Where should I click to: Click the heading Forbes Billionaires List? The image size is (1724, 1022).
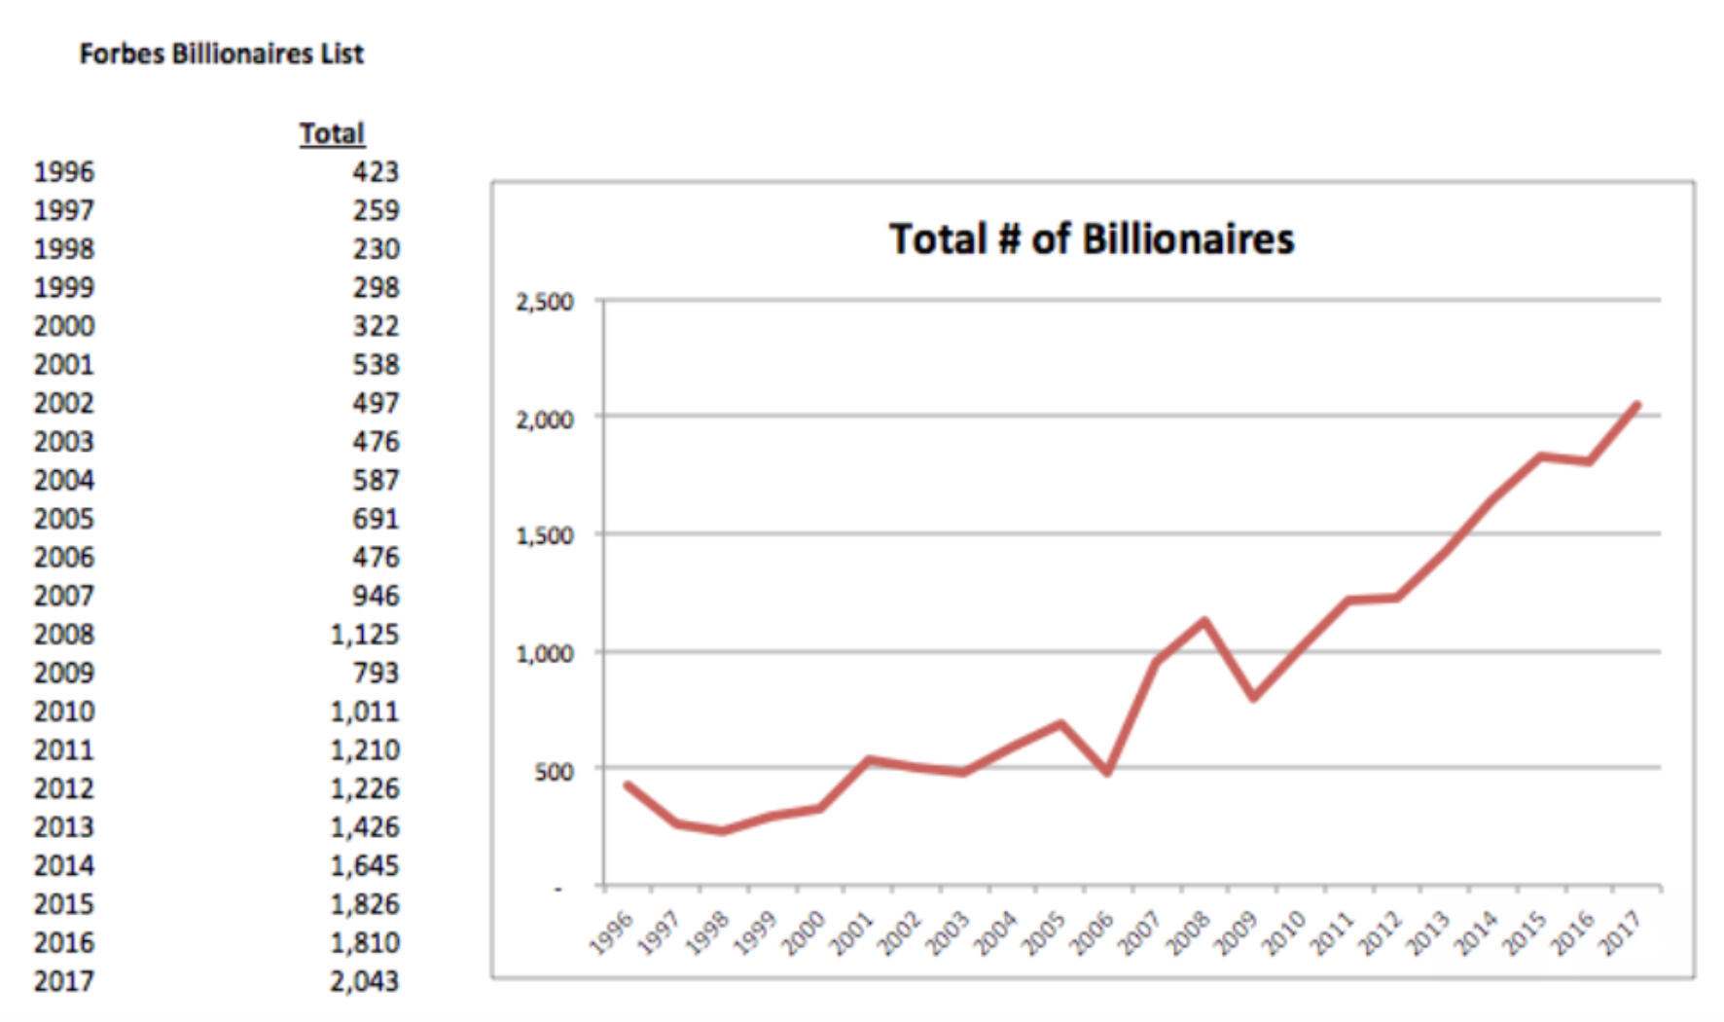click(221, 54)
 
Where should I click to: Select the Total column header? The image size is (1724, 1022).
click(332, 133)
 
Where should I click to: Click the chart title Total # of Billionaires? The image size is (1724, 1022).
click(1092, 239)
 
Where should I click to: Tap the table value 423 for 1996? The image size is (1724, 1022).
click(376, 172)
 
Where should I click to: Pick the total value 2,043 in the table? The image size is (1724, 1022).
click(364, 981)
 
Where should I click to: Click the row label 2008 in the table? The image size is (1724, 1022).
click(64, 635)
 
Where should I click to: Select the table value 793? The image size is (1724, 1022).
click(376, 673)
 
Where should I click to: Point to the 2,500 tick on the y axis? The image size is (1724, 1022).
click(544, 302)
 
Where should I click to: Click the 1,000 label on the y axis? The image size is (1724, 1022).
click(544, 654)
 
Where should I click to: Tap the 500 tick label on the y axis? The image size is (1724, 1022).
click(553, 772)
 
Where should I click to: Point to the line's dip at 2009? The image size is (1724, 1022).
click(1253, 698)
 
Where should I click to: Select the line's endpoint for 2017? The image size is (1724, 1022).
click(1637, 405)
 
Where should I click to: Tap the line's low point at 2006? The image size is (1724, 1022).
click(1107, 773)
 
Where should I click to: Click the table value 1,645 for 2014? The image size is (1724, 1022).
click(364, 865)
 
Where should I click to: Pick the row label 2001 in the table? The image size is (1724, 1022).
click(64, 365)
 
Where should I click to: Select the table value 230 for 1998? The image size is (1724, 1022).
click(376, 249)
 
